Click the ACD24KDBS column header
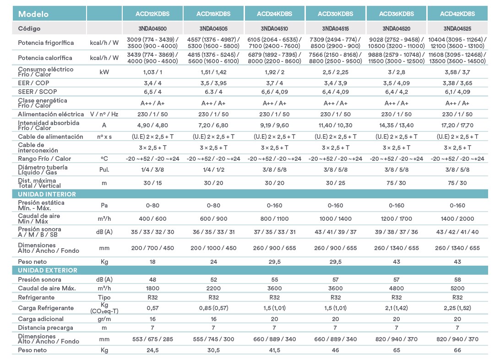coord(274,14)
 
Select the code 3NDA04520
coord(397,28)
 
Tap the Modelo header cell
coord(33,14)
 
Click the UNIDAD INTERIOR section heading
coord(47,194)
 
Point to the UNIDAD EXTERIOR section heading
coord(48,270)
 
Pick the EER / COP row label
coord(33,83)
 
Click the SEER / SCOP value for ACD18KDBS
coord(213,92)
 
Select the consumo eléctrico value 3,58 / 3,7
coord(457,72)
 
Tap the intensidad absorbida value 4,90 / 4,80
coord(152,125)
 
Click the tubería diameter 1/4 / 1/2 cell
coord(213,169)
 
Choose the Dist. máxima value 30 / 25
coord(336,183)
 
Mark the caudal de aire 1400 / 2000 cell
coord(457,219)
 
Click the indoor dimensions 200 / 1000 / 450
coord(213,248)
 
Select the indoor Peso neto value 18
coord(152,262)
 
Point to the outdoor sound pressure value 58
coord(457,280)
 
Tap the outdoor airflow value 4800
coord(397,288)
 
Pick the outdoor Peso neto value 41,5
coord(274,350)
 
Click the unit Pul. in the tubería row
coord(104,169)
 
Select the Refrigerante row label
coord(36,298)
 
